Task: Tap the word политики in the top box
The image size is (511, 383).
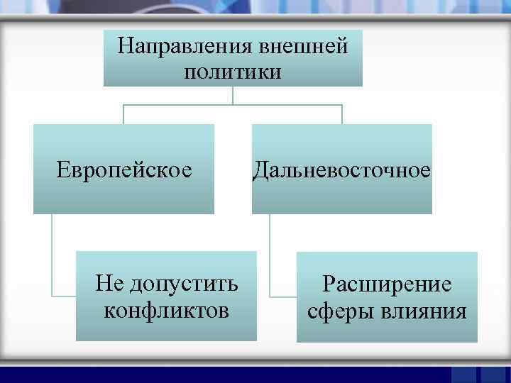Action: pos(233,72)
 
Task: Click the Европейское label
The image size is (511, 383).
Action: pos(124,170)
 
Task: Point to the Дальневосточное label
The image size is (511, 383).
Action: pos(342,170)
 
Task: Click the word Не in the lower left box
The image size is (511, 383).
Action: pos(109,284)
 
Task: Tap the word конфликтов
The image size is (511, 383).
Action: pos(167,310)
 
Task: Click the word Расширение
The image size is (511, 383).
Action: pos(387,285)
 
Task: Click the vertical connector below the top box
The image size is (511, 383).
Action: pos(233,96)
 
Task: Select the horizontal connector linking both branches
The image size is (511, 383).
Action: pos(233,105)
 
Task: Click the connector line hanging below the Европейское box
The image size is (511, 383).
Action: pos(52,255)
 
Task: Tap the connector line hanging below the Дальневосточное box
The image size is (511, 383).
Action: pos(270,255)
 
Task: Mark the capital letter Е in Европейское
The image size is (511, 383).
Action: pos(63,170)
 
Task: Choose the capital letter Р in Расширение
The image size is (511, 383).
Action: pos(329,285)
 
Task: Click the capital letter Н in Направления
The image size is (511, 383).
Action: pos(125,47)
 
